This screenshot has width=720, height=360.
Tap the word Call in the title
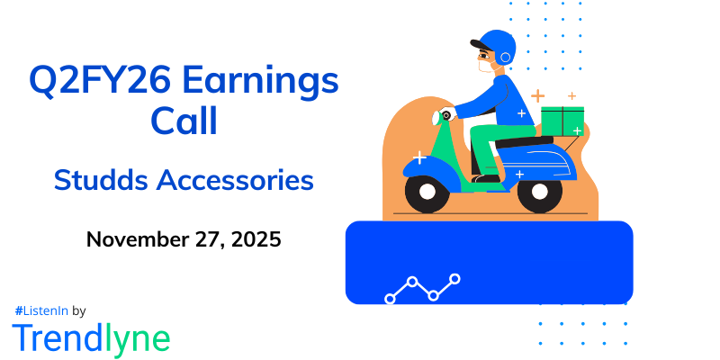[x=184, y=121]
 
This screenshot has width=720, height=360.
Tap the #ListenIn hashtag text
[x=41, y=310]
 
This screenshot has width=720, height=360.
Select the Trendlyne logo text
[x=90, y=337]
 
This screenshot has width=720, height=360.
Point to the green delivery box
[x=562, y=121]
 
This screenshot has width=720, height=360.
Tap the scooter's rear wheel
[x=539, y=191]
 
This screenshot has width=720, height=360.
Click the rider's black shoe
[x=486, y=178]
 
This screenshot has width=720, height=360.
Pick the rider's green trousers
[x=490, y=144]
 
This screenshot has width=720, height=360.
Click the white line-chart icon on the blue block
[x=422, y=288]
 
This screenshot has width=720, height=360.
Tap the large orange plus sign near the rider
[x=537, y=95]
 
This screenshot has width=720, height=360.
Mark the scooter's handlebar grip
[x=444, y=115]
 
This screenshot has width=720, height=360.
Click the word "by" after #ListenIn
[x=78, y=310]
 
